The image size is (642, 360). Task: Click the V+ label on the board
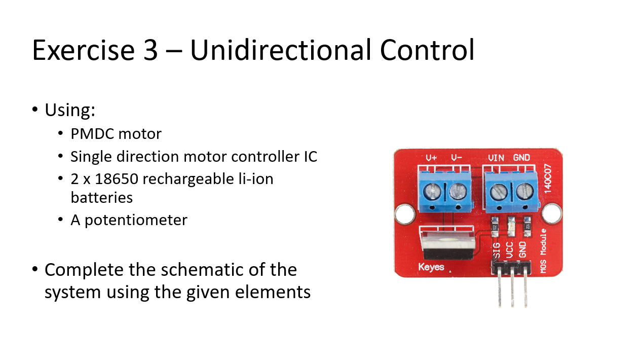pos(431,158)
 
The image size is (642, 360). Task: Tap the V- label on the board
pos(456,158)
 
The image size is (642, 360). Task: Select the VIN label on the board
pos(496,158)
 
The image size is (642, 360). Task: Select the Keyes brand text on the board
pos(431,267)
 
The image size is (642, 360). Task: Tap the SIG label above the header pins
pos(497,251)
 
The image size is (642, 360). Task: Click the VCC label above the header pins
pos(510,250)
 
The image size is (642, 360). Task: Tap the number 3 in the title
pos(150,51)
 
